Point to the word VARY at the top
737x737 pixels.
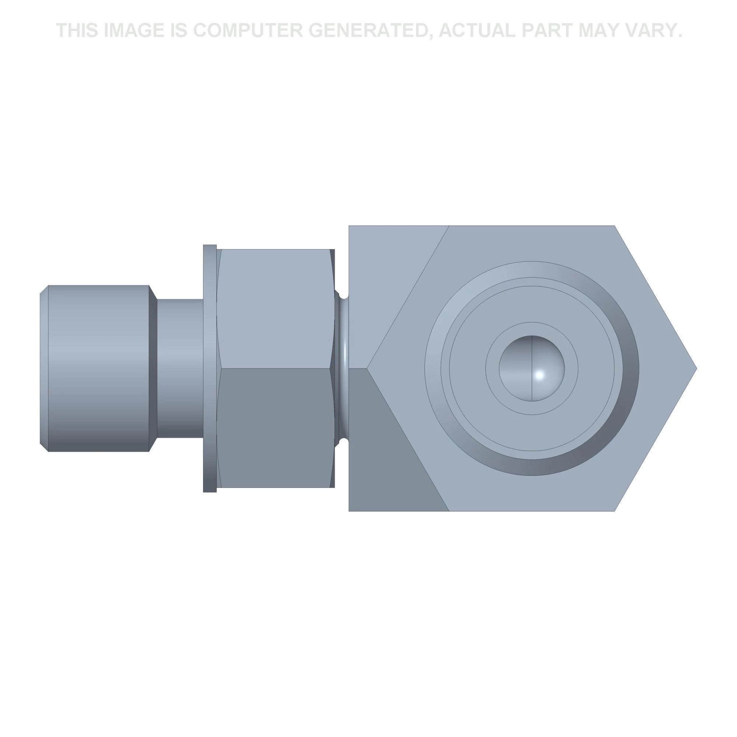649,30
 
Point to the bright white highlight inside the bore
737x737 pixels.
540,375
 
